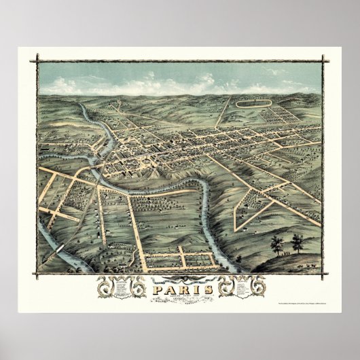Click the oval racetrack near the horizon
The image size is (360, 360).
click(x=253, y=104)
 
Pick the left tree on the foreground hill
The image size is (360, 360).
click(x=276, y=242)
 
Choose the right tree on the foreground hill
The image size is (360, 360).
click(x=297, y=240)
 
